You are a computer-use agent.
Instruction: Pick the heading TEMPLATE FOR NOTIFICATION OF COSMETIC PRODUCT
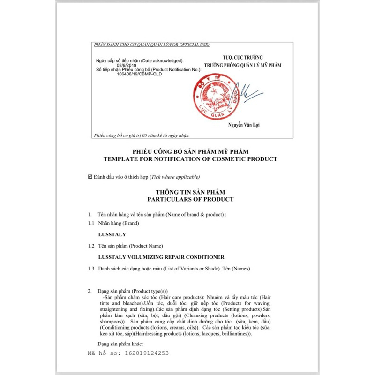(190, 159)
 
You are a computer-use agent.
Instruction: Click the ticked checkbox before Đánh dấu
(90, 177)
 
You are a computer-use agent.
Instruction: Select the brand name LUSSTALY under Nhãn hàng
(112, 234)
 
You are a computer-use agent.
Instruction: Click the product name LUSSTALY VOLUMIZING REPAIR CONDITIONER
(161, 257)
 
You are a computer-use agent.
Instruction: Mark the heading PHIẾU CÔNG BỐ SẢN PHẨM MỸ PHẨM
(190, 151)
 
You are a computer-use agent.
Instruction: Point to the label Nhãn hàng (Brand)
(119, 223)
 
